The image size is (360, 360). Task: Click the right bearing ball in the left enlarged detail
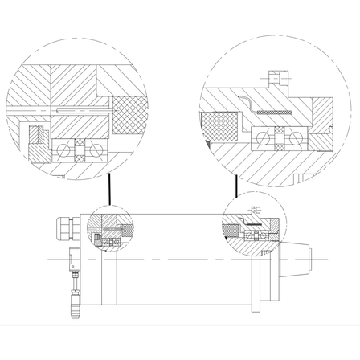[x=95, y=149]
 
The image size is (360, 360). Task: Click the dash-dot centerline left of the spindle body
[x=56, y=260]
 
